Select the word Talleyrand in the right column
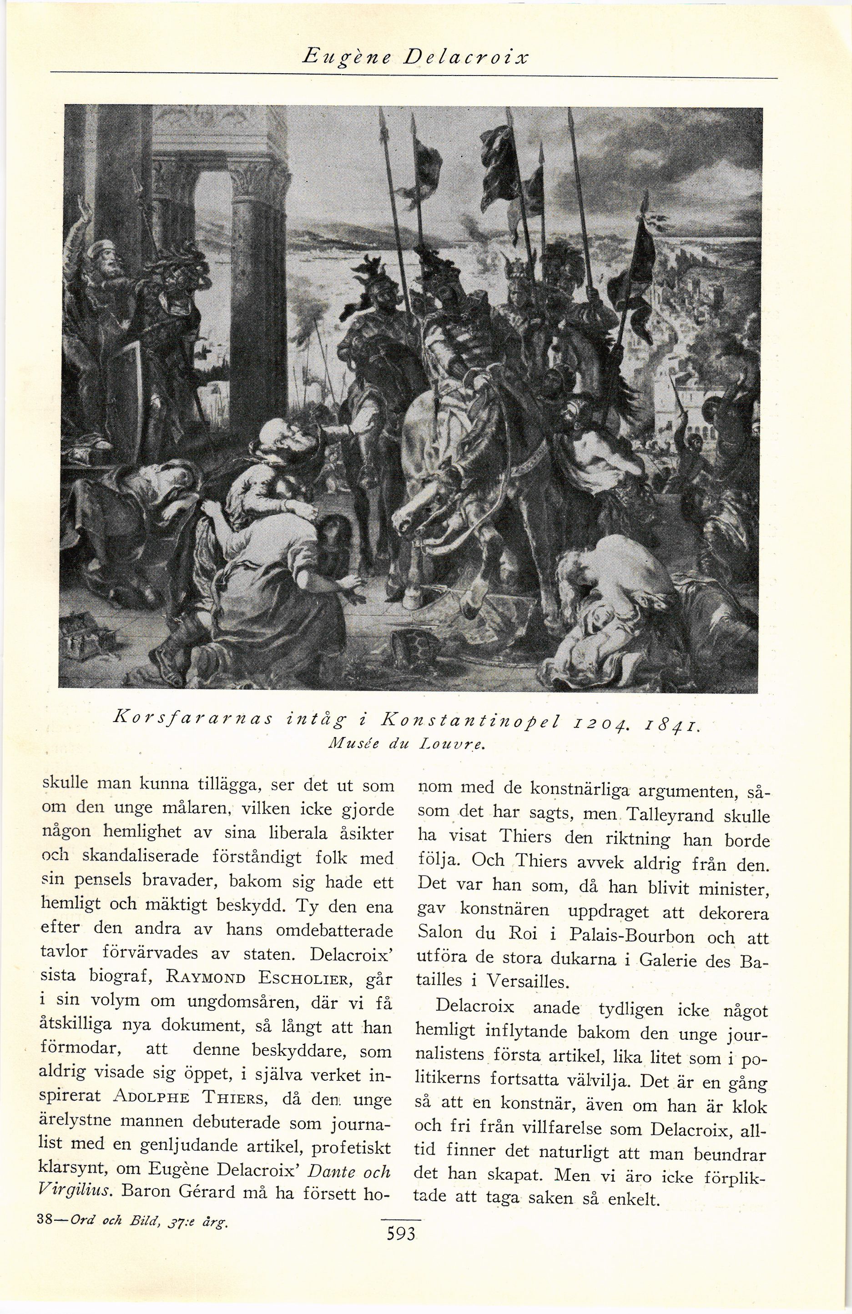tap(673, 816)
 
